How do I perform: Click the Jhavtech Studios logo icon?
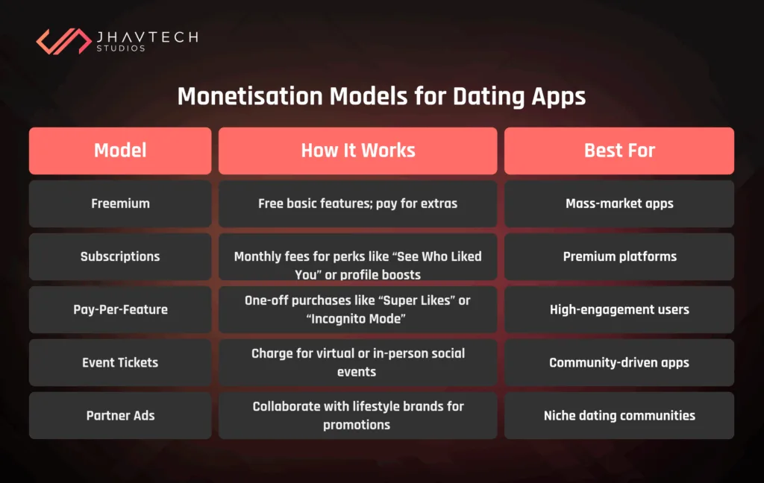click(x=63, y=41)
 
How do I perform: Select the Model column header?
click(x=120, y=151)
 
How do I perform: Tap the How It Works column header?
click(x=357, y=151)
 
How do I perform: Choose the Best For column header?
click(x=619, y=151)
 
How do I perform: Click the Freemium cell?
click(x=120, y=203)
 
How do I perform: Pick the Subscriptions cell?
click(x=120, y=256)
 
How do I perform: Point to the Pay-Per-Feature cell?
click(x=120, y=309)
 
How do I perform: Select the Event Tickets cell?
click(x=120, y=362)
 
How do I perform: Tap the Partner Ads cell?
click(x=120, y=415)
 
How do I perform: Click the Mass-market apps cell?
click(x=619, y=203)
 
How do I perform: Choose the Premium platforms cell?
click(x=619, y=256)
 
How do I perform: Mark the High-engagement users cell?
click(x=619, y=309)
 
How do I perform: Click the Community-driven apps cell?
click(x=619, y=362)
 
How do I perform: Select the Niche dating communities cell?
click(x=619, y=415)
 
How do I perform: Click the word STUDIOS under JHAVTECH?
click(x=121, y=48)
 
